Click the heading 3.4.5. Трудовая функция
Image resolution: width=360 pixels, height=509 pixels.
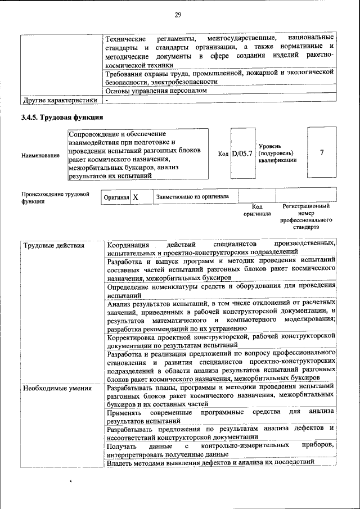[62, 118]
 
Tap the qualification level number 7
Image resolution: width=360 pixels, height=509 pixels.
[321, 152]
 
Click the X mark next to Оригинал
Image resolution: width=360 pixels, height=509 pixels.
[135, 197]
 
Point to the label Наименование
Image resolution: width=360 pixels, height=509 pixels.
[40, 155]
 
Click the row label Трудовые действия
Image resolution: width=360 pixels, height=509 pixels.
[53, 245]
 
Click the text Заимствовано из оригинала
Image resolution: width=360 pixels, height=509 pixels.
[192, 197]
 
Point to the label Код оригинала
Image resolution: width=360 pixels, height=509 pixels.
[256, 210]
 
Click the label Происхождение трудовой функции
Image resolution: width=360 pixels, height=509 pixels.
[55, 197]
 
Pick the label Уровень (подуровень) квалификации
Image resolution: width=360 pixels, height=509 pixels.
[276, 153]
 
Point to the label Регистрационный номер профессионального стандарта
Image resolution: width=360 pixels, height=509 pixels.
[305, 217]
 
